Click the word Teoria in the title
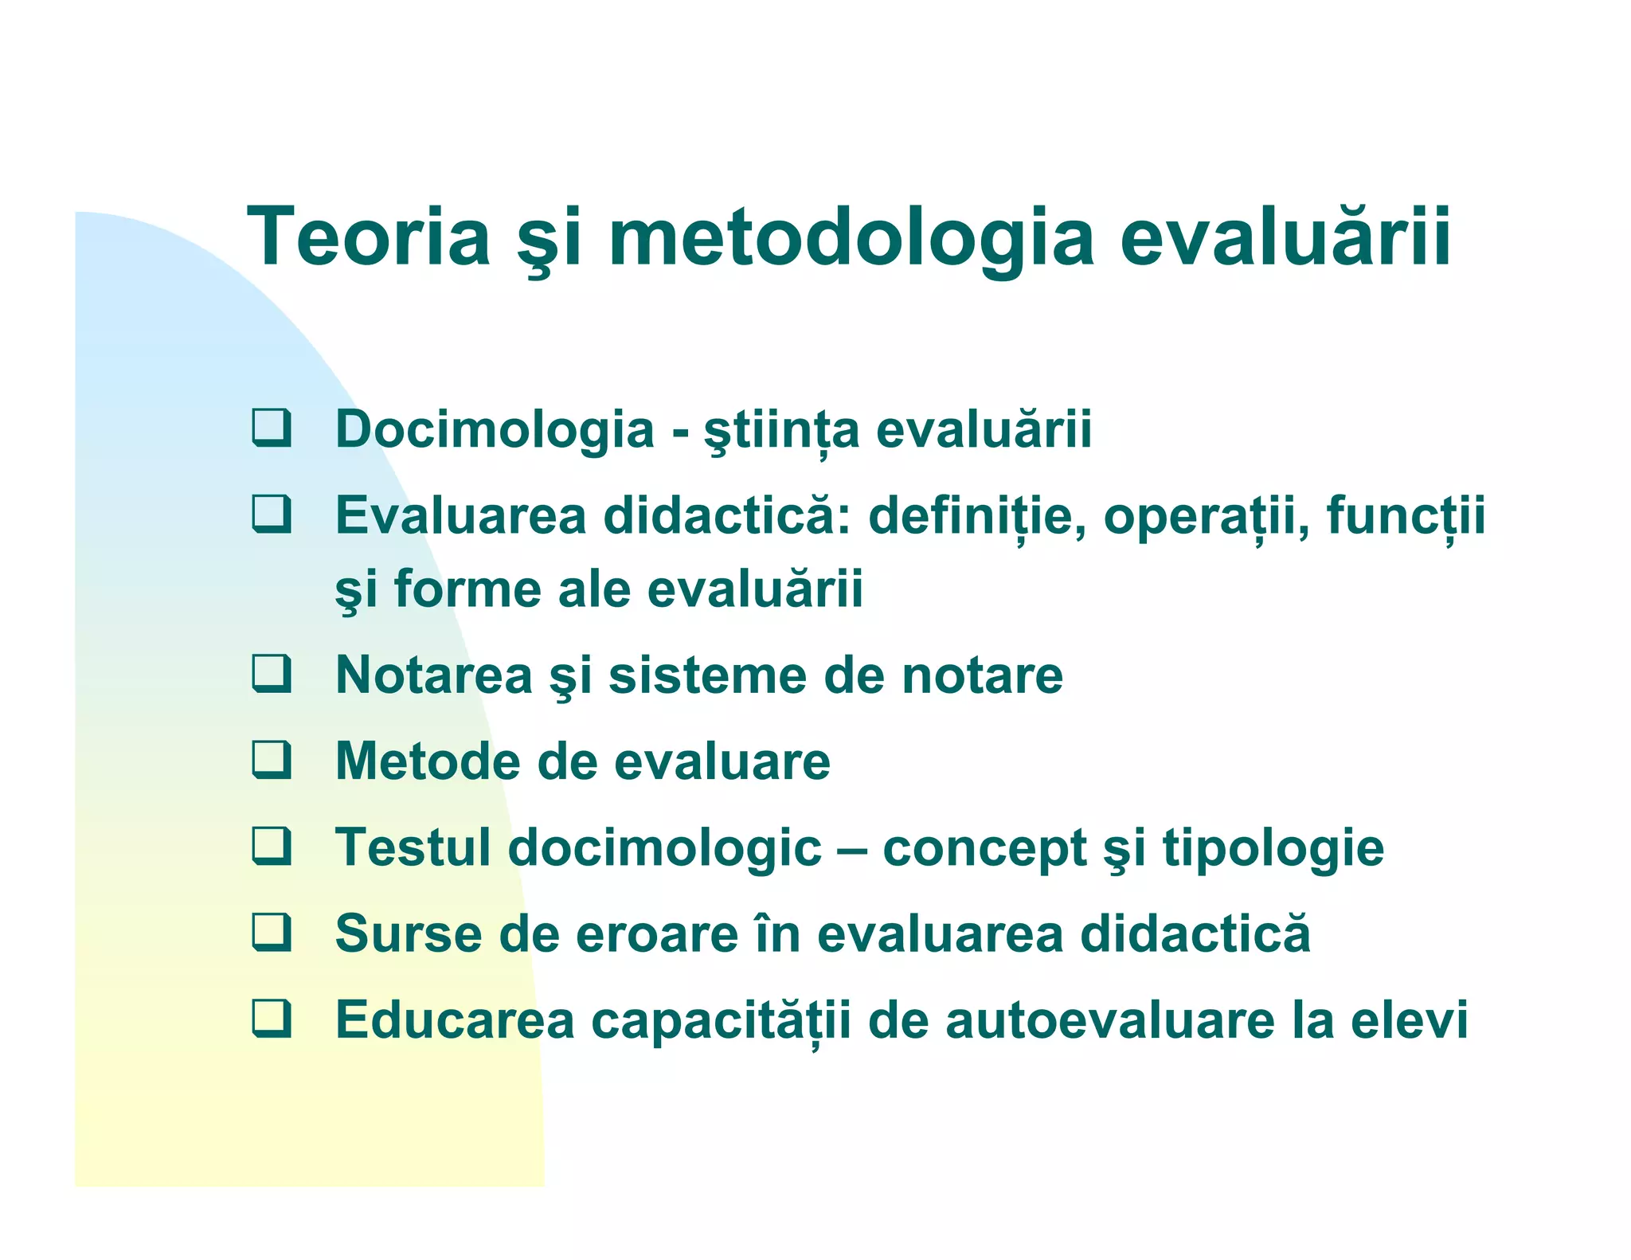[369, 237]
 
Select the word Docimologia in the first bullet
[494, 430]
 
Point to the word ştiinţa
[781, 430]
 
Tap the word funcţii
[1406, 516]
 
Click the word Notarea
[433, 676]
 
